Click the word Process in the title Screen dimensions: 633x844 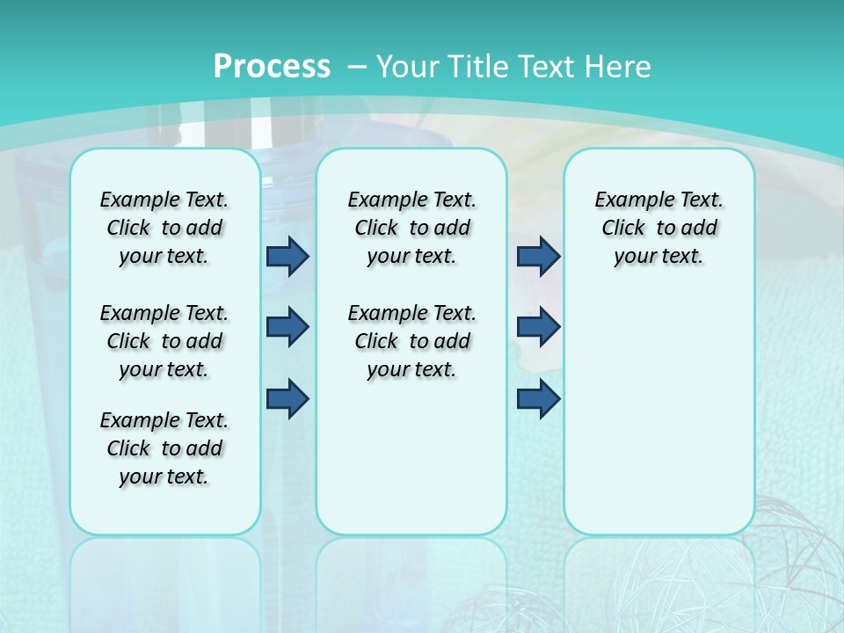coord(272,66)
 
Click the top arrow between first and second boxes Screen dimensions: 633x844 coord(287,256)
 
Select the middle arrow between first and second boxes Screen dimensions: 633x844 coord(287,327)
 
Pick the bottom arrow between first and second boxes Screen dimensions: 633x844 coord(287,399)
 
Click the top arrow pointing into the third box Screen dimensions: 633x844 coord(538,256)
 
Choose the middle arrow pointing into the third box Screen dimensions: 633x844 coord(538,327)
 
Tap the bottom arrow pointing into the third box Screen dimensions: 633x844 coord(538,399)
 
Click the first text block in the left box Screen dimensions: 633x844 coord(164,228)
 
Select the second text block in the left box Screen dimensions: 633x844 coord(164,341)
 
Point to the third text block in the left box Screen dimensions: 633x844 coord(164,448)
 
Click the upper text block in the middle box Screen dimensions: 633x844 coord(411,228)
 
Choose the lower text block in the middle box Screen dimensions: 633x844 coord(411,341)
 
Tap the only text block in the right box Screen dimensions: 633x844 coord(658,228)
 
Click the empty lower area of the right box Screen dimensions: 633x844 coord(658,422)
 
